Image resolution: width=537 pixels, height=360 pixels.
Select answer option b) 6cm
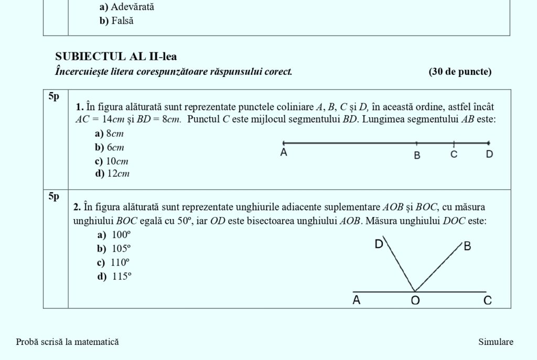point(109,147)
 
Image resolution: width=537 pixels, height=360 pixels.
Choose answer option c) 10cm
point(111,161)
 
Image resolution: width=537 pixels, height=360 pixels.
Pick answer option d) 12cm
point(112,173)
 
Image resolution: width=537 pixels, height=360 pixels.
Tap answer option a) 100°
point(113,235)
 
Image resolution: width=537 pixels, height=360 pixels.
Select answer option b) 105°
point(113,249)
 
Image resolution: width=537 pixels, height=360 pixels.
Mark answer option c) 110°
point(113,263)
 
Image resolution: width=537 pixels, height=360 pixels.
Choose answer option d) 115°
point(113,276)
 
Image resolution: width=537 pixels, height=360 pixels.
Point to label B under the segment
point(417,156)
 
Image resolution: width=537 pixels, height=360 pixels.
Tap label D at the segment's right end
point(489,155)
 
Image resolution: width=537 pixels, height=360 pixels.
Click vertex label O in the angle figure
point(415,301)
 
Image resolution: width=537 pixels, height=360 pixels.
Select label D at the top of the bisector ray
point(379,244)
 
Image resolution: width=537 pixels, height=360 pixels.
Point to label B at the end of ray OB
point(467,246)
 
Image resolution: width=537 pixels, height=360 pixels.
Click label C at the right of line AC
point(487,301)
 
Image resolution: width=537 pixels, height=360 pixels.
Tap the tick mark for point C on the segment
point(454,143)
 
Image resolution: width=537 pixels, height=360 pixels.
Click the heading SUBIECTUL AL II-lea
point(116,57)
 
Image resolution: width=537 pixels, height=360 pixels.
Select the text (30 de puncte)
point(460,72)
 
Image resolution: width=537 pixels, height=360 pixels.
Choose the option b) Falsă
point(116,21)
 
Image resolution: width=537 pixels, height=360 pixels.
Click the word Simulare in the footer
point(496,342)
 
